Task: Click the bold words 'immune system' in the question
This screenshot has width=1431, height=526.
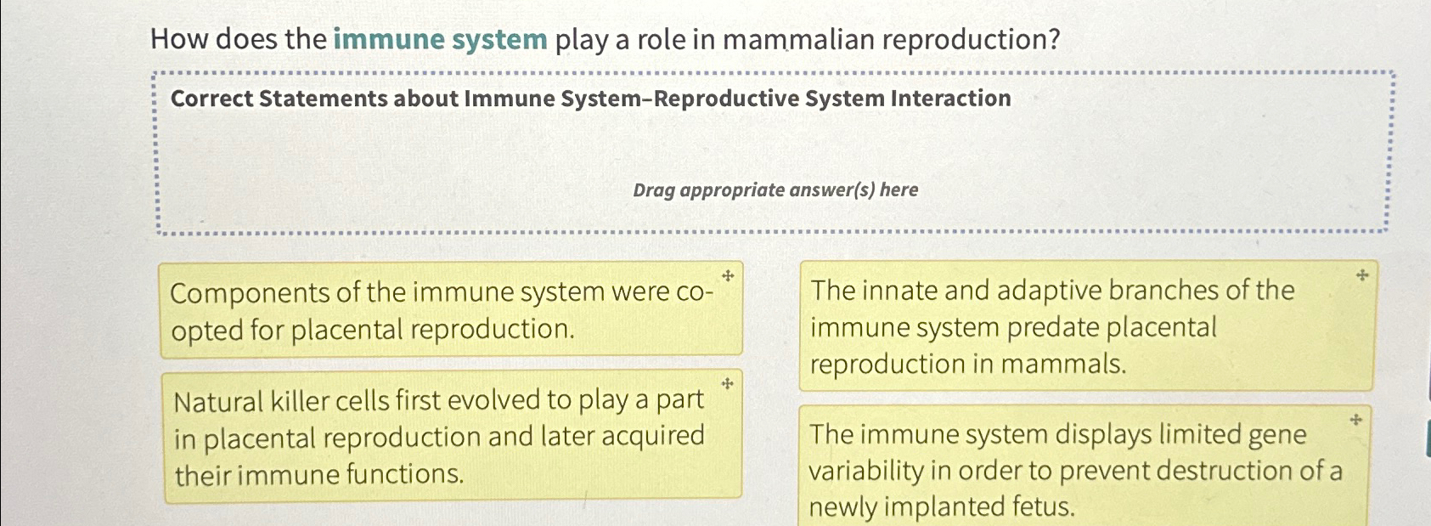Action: [x=440, y=40]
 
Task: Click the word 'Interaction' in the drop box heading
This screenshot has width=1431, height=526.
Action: [x=950, y=99]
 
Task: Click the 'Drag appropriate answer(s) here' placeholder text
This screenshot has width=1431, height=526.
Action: [x=775, y=189]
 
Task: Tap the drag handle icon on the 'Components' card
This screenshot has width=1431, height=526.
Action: [x=728, y=276]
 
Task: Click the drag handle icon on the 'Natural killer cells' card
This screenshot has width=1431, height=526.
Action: [x=727, y=384]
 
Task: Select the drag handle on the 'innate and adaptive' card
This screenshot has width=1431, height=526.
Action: [x=1361, y=275]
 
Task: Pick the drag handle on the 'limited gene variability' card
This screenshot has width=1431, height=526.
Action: [x=1355, y=420]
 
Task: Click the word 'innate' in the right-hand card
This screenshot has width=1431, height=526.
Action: [x=899, y=291]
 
